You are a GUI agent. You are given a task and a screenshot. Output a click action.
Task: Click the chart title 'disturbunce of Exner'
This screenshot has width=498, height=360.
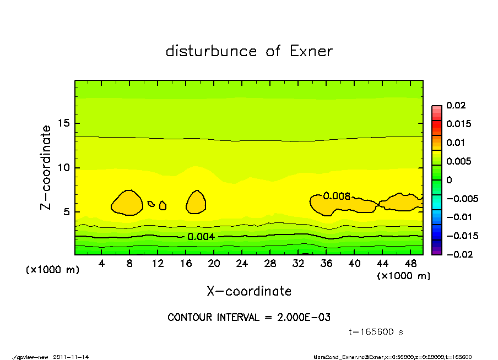click(249, 51)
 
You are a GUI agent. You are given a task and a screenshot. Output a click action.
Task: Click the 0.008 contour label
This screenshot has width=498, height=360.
click(337, 196)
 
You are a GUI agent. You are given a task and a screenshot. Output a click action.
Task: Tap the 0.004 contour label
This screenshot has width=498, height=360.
click(201, 237)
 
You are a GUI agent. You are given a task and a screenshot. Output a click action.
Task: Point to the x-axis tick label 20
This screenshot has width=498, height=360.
click(214, 264)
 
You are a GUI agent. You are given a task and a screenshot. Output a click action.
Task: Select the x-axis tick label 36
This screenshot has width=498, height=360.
click(326, 264)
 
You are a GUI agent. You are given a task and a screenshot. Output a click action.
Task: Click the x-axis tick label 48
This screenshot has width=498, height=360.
click(410, 264)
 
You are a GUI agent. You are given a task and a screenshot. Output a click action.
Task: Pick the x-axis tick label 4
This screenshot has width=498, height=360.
click(102, 264)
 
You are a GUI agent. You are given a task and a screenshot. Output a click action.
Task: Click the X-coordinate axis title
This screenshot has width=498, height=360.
click(249, 291)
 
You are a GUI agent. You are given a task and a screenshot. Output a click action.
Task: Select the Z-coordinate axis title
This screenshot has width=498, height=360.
click(46, 168)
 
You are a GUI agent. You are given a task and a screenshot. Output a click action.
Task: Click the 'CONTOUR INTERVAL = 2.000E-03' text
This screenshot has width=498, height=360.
click(249, 318)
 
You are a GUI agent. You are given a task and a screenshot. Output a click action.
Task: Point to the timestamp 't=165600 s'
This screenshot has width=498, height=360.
click(376, 332)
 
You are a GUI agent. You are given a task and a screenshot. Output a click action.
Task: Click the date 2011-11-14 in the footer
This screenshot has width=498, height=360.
click(71, 357)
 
